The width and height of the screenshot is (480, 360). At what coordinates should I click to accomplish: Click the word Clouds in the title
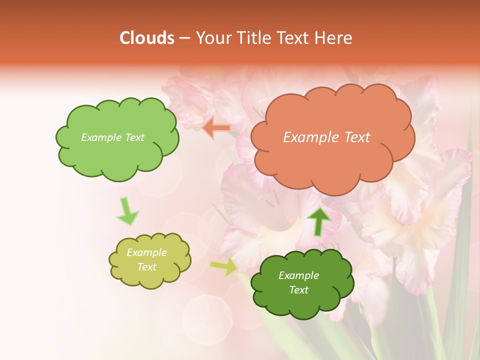(146, 38)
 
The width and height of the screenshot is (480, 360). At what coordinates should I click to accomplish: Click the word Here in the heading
(334, 38)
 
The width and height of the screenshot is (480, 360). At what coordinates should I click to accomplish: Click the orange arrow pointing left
(216, 128)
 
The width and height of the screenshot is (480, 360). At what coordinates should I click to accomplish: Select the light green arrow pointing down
(127, 211)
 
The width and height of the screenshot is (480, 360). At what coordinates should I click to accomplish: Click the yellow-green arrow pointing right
(224, 266)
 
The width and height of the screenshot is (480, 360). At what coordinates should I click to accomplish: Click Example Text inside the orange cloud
(326, 137)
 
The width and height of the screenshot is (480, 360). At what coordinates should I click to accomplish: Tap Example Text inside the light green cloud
(112, 137)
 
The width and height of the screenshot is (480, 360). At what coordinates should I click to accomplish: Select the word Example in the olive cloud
(146, 252)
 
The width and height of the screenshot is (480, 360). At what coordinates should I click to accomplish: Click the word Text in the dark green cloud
(298, 290)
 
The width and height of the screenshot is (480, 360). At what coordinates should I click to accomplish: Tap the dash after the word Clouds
(184, 38)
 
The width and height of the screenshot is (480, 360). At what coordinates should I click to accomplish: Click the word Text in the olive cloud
(146, 267)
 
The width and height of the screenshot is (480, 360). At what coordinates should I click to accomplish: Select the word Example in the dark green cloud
(298, 275)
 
